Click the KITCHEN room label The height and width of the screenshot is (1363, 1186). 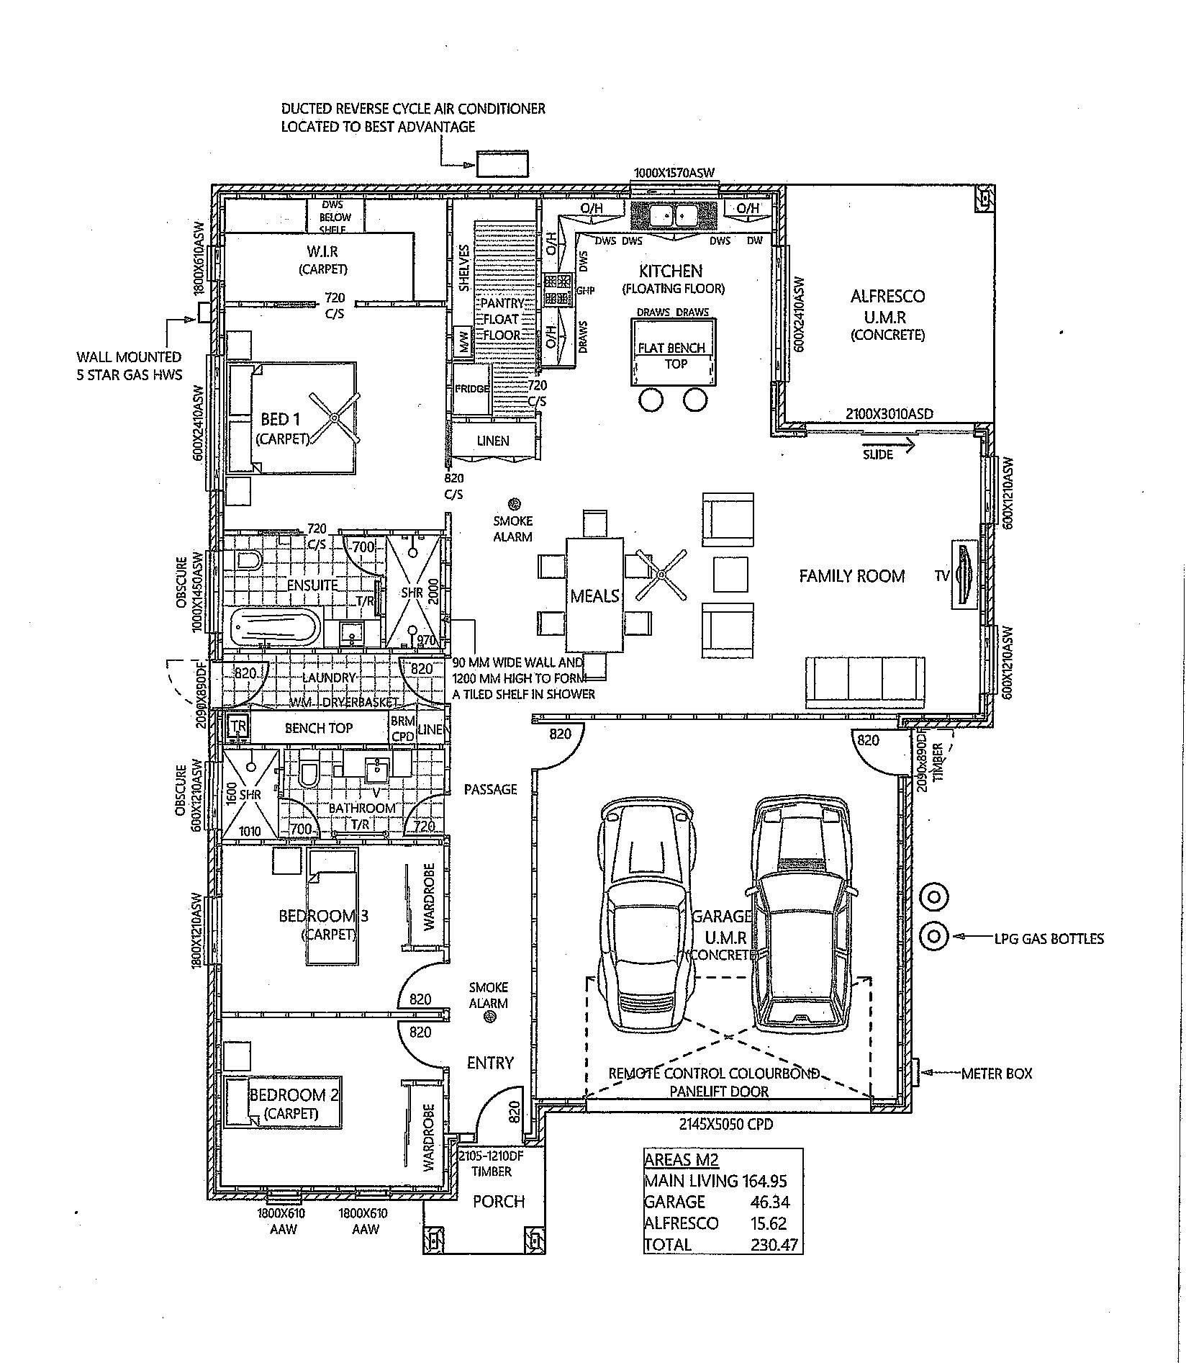pos(670,271)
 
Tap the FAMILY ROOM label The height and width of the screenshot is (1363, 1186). pos(851,576)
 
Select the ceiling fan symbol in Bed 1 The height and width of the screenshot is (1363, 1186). pos(334,418)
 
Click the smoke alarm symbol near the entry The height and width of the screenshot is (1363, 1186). pos(489,1017)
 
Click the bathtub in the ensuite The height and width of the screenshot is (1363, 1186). pos(276,626)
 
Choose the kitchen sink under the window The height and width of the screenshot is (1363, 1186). pos(674,215)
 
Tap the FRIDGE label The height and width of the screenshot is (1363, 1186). pos(472,389)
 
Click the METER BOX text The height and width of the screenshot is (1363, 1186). pos(996,1074)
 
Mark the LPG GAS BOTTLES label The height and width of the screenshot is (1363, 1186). pos(1048,938)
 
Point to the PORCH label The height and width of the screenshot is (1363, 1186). pos(498,1201)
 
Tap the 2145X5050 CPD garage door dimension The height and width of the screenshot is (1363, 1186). pos(726,1123)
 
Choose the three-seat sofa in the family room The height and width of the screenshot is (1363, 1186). pos(865,681)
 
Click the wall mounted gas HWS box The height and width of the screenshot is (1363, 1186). pos(204,312)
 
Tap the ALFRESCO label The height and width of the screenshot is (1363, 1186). pos(887,296)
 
